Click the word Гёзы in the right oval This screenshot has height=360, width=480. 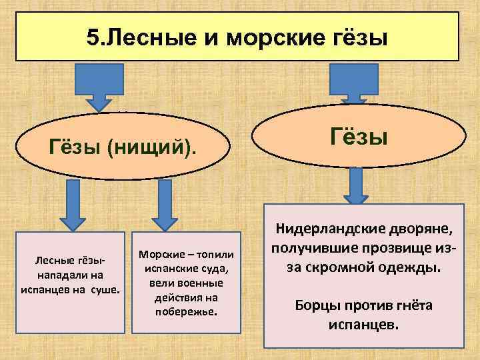(359, 138)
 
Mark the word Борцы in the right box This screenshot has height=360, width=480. (317, 306)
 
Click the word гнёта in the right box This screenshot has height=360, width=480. (410, 306)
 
